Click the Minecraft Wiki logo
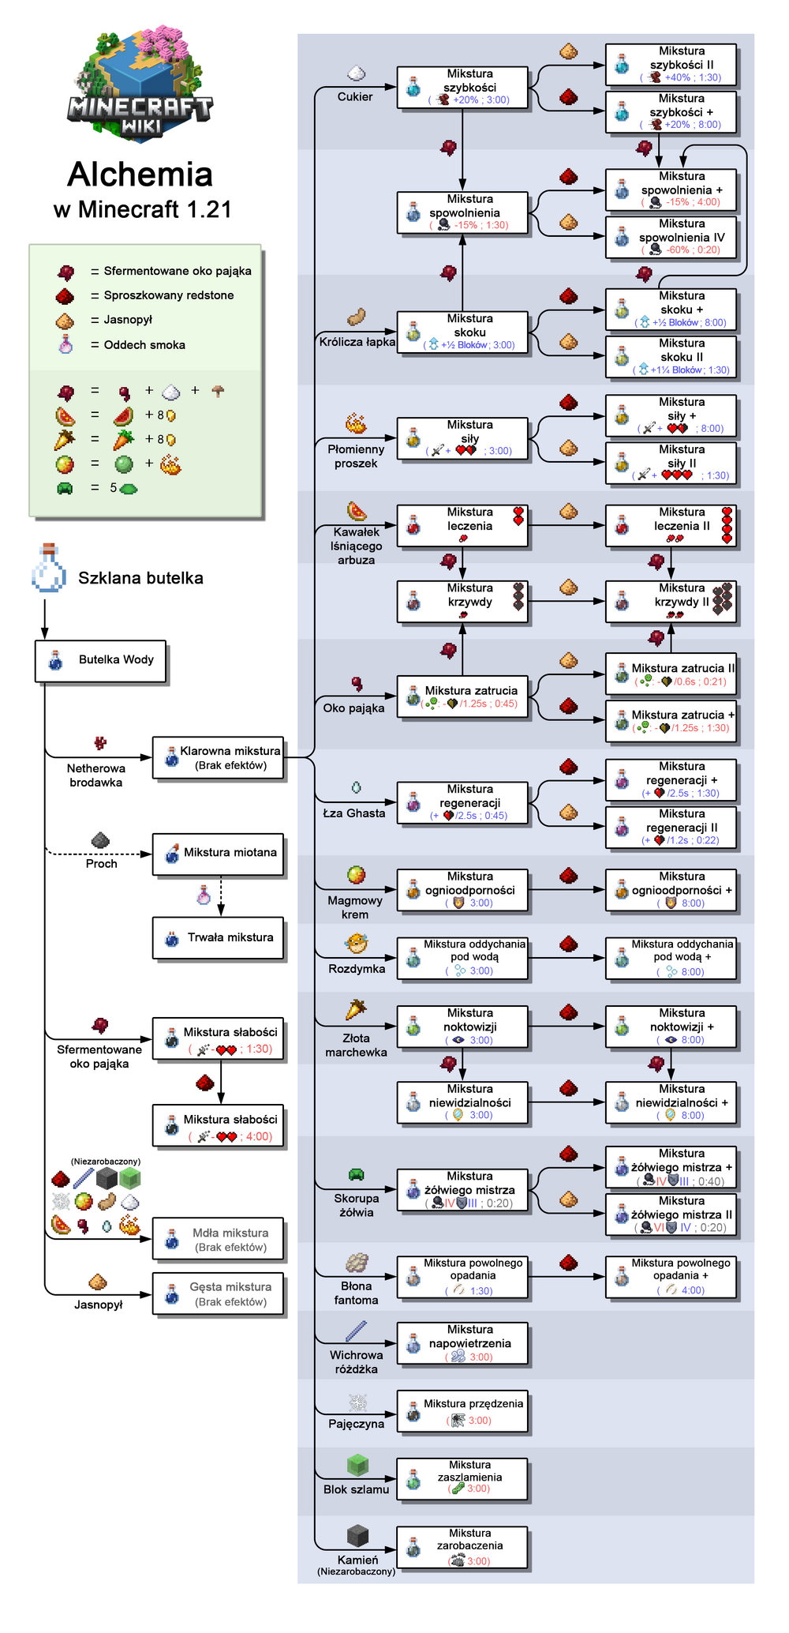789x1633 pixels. [140, 84]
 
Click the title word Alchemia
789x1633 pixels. [140, 175]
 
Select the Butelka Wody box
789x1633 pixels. [100, 660]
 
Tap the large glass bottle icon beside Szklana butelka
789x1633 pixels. [48, 569]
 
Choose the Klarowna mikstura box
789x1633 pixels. [218, 758]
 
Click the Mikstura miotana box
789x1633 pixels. [218, 854]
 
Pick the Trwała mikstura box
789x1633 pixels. [218, 938]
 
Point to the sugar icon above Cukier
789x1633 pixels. [357, 73]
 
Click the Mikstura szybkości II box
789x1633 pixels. [671, 65]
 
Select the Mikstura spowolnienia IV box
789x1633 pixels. [671, 237]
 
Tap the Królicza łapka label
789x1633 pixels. [357, 342]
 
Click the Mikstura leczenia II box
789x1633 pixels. [671, 526]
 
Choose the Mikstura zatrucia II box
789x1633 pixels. [671, 674]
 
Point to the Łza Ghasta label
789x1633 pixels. [354, 813]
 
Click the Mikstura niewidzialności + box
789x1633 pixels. [671, 1102]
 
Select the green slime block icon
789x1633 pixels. [358, 1466]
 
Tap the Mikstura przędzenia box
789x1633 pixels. [462, 1411]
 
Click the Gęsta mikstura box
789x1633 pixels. [218, 1294]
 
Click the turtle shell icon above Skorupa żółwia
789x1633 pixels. [357, 1175]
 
